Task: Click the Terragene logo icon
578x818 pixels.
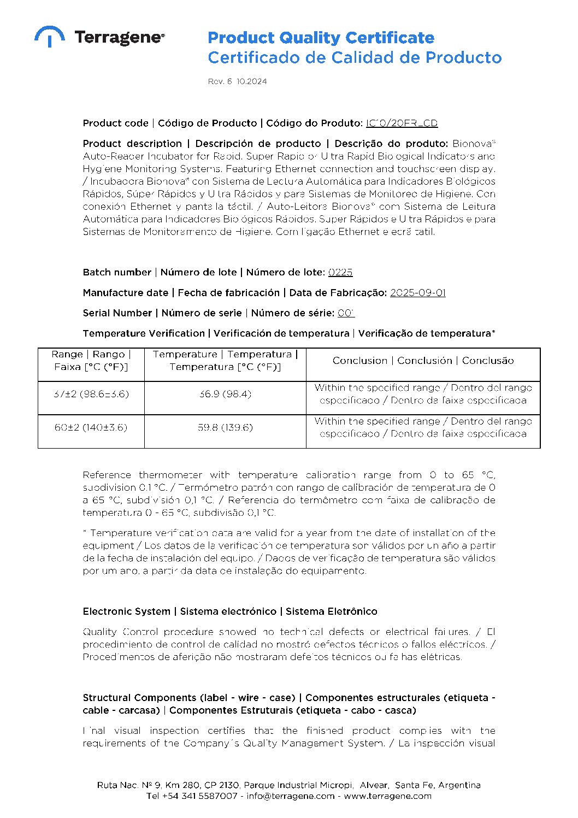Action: coord(50,36)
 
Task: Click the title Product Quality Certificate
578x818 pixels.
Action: coord(321,38)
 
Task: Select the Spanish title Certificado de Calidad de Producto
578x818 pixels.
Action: coord(355,57)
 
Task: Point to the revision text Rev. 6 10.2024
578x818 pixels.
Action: coord(237,81)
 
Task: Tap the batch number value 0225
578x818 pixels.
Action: coord(340,272)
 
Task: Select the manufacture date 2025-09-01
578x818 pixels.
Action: coord(417,293)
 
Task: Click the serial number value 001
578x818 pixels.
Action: coord(346,313)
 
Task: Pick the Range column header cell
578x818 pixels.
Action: coord(91,361)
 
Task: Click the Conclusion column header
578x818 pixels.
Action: coord(423,361)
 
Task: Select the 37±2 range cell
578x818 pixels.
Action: coord(91,394)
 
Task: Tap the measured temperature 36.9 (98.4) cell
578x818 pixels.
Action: coord(225,394)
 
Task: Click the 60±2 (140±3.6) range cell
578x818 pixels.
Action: coord(91,427)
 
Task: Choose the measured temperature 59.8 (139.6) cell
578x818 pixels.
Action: coord(225,427)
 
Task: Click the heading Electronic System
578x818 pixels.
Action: coord(126,611)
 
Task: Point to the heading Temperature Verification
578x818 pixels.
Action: coord(144,333)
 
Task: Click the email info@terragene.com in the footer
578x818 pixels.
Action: coord(290,796)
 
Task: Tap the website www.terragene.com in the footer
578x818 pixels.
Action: coord(387,796)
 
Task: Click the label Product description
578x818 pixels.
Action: coord(132,144)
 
